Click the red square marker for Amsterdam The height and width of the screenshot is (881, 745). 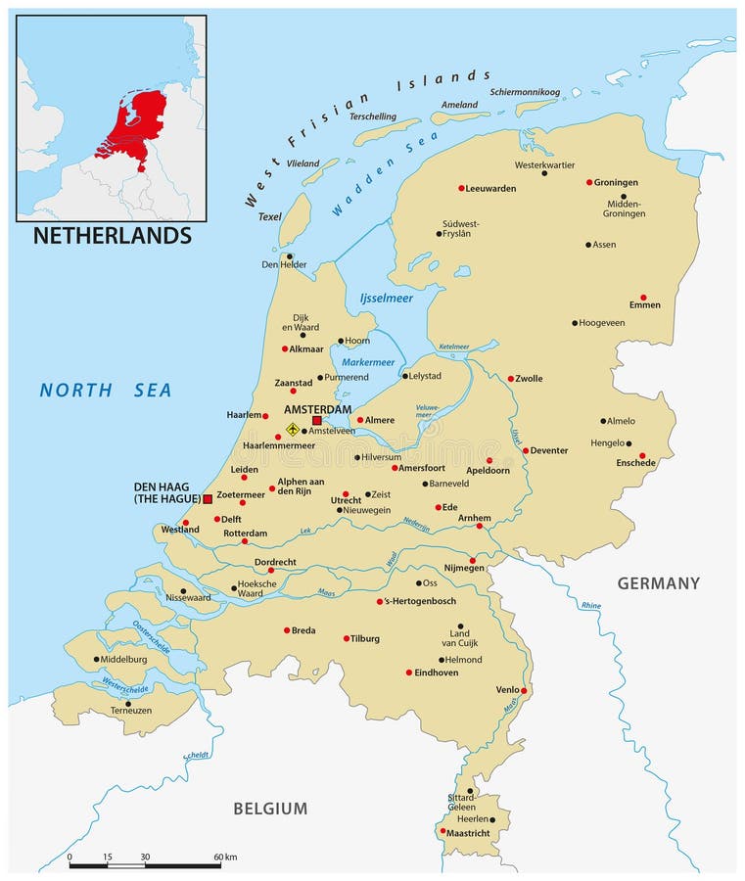(x=316, y=421)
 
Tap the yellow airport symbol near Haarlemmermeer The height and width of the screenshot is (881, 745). (x=292, y=429)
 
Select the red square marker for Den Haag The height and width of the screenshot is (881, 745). (x=208, y=499)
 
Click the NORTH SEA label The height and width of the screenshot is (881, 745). (x=106, y=391)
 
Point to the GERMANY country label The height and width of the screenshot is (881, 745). (x=658, y=583)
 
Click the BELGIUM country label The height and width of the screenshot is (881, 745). (x=270, y=809)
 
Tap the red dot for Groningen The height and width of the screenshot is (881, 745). (x=589, y=182)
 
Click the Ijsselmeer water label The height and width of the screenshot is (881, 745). (x=387, y=298)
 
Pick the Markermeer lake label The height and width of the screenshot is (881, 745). (x=368, y=362)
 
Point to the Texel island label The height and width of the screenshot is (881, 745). (x=269, y=216)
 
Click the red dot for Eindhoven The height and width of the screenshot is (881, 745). (x=409, y=672)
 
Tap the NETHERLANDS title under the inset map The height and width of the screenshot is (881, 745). (x=113, y=236)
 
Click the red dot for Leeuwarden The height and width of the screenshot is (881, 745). (x=461, y=188)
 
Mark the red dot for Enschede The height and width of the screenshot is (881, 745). (x=643, y=455)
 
